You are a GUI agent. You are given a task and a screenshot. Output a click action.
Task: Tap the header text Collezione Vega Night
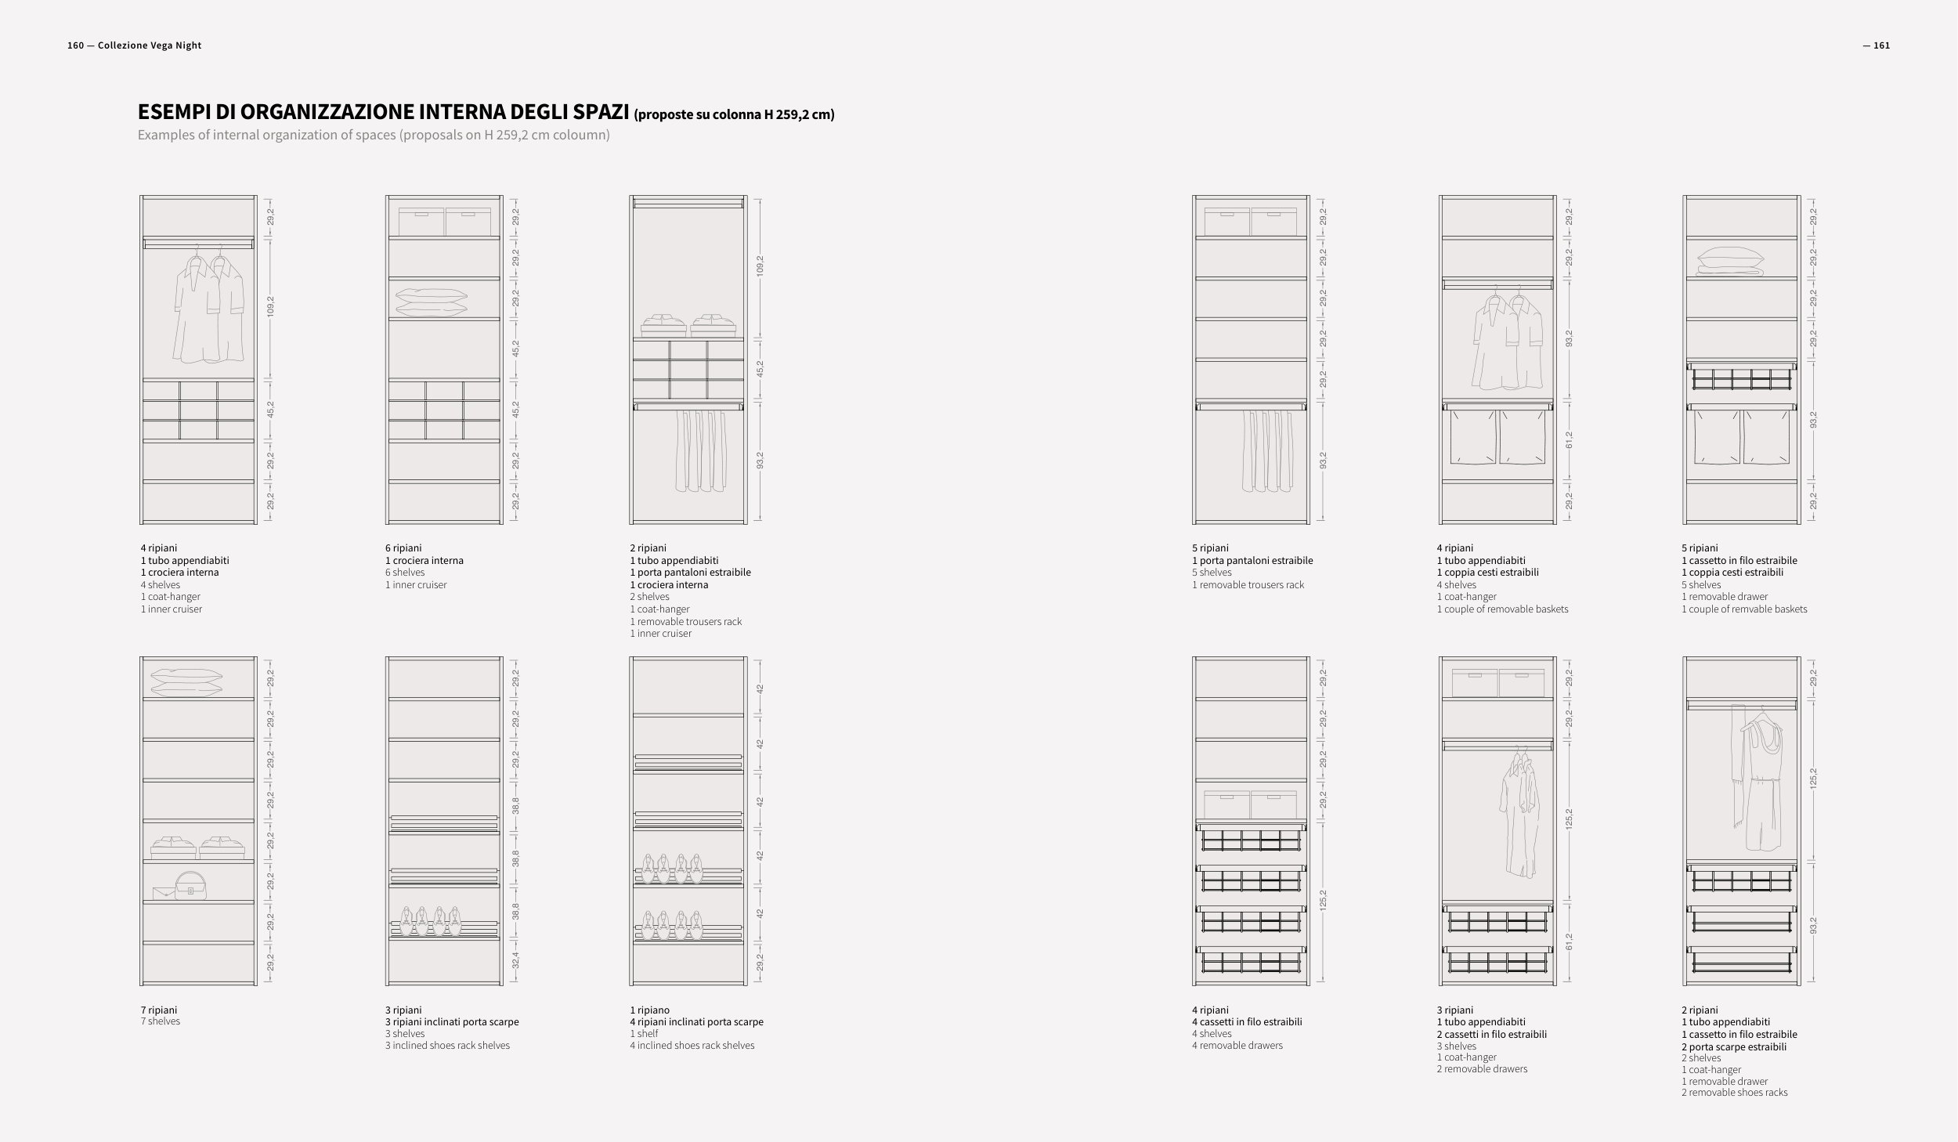pyautogui.click(x=150, y=45)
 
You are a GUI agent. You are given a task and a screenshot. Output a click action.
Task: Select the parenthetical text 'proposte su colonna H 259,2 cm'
pyautogui.click(x=734, y=115)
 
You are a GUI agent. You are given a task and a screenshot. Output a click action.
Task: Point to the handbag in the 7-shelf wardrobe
pyautogui.click(x=191, y=886)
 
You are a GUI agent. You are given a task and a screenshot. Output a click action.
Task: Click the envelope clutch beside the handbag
pyautogui.click(x=163, y=893)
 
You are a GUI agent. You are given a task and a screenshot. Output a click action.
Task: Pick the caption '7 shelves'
pyautogui.click(x=160, y=1021)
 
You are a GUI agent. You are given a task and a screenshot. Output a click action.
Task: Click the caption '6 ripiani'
pyautogui.click(x=403, y=548)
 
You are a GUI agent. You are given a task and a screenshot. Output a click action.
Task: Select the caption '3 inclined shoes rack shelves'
pyautogui.click(x=447, y=1046)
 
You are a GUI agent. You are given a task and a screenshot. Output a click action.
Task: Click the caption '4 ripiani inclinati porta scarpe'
pyautogui.click(x=696, y=1021)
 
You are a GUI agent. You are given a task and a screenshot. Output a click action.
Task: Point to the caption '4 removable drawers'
pyautogui.click(x=1237, y=1046)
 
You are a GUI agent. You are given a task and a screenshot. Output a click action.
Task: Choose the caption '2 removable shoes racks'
pyautogui.click(x=1734, y=1093)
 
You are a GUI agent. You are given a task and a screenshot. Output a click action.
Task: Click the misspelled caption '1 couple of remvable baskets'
pyautogui.click(x=1744, y=609)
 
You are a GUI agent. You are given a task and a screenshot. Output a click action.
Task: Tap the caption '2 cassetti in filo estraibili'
pyautogui.click(x=1491, y=1034)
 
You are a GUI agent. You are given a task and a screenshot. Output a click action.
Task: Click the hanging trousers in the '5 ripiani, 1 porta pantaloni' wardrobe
pyautogui.click(x=1266, y=452)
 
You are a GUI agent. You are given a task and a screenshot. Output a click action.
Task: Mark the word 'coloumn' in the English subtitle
pyautogui.click(x=583, y=135)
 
